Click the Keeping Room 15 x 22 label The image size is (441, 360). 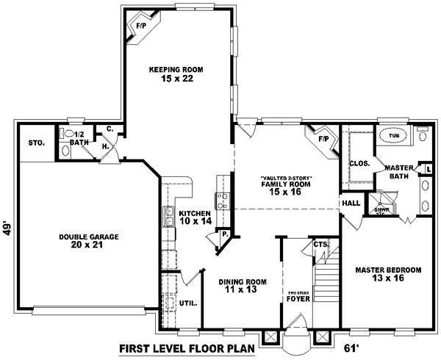[x=176, y=74]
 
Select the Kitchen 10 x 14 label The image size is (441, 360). [x=195, y=217]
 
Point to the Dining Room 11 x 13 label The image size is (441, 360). [x=243, y=287]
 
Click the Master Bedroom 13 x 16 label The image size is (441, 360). [x=387, y=275]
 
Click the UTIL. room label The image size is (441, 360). [x=187, y=302]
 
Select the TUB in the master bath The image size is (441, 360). [x=394, y=137]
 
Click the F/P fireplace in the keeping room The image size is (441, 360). [x=140, y=28]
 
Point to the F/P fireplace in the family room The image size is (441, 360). [x=323, y=137]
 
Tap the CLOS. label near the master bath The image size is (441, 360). [x=359, y=164]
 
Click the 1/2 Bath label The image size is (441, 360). [x=81, y=138]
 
